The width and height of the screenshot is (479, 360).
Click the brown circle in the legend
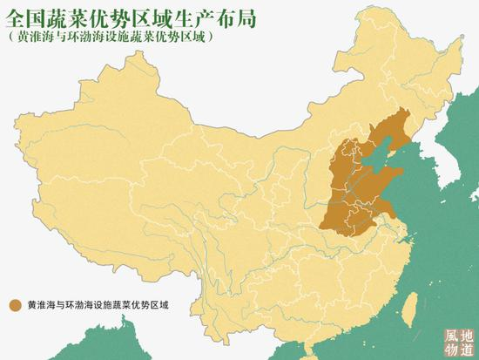(15, 305)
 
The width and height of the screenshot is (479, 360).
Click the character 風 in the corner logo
(449, 335)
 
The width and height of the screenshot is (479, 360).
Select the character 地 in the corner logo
(466, 335)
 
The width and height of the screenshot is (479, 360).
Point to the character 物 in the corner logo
(449, 350)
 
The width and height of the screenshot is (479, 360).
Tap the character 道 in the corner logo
(466, 350)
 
